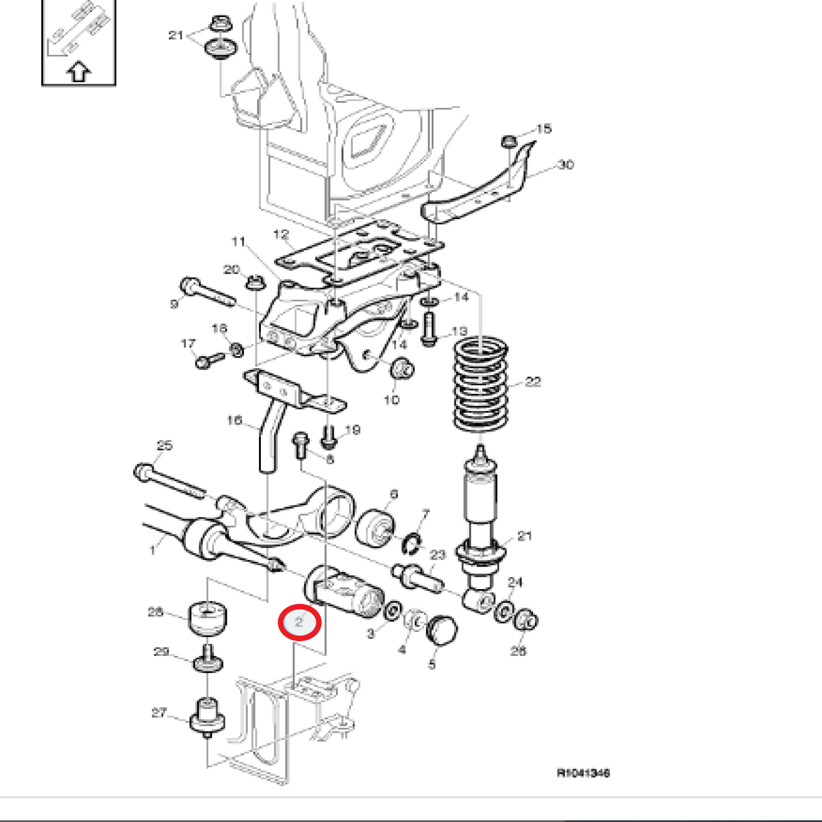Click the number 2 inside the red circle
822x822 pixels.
(299, 622)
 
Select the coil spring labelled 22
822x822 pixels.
(481, 384)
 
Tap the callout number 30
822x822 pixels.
(566, 164)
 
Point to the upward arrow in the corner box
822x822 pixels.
(79, 72)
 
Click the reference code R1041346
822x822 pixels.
(583, 773)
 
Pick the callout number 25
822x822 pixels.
(164, 446)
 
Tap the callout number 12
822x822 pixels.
(281, 235)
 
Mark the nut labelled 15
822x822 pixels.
(509, 141)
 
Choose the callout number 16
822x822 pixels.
(234, 420)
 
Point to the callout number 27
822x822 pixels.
(159, 712)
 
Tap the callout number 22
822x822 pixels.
(533, 382)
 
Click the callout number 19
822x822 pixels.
(353, 430)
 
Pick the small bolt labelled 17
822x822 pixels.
(209, 360)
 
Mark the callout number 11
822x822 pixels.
(238, 242)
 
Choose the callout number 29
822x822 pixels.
(161, 652)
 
